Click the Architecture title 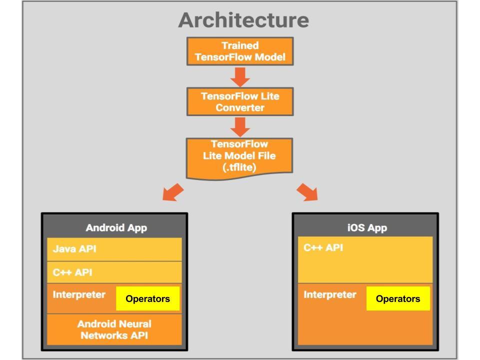click(x=243, y=20)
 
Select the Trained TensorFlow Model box click(x=240, y=51)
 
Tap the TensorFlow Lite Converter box click(x=240, y=101)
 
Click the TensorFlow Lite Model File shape click(x=239, y=158)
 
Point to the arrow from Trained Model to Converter click(x=240, y=77)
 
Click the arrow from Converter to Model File click(x=240, y=127)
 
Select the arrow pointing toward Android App click(x=173, y=192)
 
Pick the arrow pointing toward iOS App click(x=307, y=192)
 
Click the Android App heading click(x=116, y=228)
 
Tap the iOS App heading click(x=367, y=228)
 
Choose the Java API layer click(x=114, y=249)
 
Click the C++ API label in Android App click(x=72, y=272)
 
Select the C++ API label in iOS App click(x=323, y=247)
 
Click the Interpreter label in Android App click(x=79, y=294)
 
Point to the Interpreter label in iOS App click(x=330, y=294)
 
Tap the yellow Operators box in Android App click(x=147, y=298)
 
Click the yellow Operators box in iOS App click(x=398, y=298)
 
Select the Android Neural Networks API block click(x=114, y=329)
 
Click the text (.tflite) click(x=239, y=167)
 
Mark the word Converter click(x=240, y=108)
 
